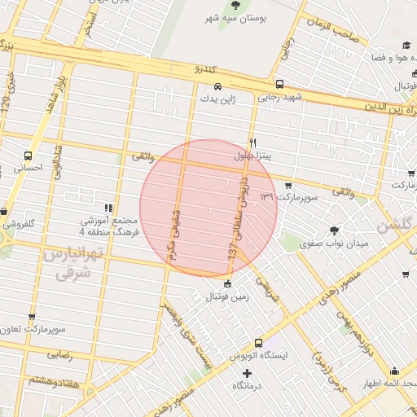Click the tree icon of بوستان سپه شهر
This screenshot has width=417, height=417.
236,5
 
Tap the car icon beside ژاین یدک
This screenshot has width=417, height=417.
217,86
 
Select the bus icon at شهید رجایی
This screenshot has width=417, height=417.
279,84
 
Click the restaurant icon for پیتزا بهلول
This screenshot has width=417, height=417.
253,143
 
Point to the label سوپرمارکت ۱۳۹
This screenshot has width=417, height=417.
287,197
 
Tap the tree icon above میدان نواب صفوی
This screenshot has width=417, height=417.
334,230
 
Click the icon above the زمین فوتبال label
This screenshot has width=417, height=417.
226,284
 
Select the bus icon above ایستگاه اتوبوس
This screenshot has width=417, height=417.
258,343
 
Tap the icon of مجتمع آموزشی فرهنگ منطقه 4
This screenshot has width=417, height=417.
109,208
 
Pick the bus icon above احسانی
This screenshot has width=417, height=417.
29,156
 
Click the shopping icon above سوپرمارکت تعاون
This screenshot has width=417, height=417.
32,316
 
